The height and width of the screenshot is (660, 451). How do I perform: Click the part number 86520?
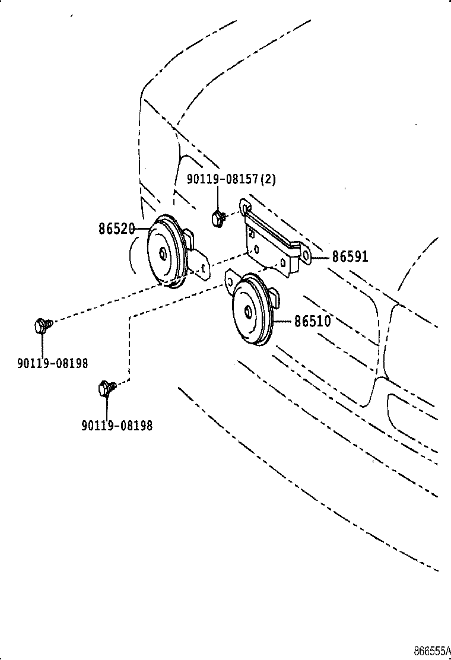116,229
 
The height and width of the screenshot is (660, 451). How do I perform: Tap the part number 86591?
350,256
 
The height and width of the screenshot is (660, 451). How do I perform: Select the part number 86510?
312,322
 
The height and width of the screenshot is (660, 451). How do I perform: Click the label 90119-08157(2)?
231,179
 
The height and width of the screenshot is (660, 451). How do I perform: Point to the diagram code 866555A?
432,651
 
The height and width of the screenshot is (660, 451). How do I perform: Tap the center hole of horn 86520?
163,253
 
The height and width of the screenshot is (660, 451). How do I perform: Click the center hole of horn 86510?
247,312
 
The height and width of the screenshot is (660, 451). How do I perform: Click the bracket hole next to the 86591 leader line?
306,256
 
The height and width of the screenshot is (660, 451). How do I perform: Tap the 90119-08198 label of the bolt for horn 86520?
53,363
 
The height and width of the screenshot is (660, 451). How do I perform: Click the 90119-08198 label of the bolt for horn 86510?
117,426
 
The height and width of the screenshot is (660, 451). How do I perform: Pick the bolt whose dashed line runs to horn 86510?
106,387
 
